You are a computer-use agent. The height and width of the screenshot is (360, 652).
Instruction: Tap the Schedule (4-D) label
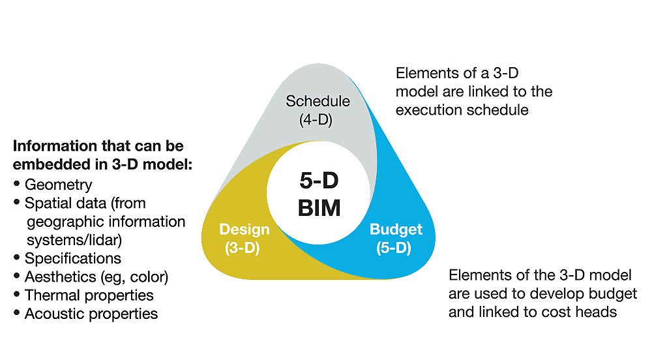click(x=318, y=110)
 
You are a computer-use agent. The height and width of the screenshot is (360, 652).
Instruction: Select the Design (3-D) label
click(x=244, y=239)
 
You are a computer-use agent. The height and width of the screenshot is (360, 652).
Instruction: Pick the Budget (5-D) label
click(x=396, y=239)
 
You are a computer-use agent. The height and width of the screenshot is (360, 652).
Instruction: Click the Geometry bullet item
click(x=58, y=185)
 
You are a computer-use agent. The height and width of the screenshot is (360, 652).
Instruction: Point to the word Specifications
click(x=73, y=258)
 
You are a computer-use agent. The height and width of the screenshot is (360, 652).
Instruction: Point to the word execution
click(x=428, y=110)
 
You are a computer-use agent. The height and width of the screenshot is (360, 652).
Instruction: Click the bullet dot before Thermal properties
click(x=17, y=294)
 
